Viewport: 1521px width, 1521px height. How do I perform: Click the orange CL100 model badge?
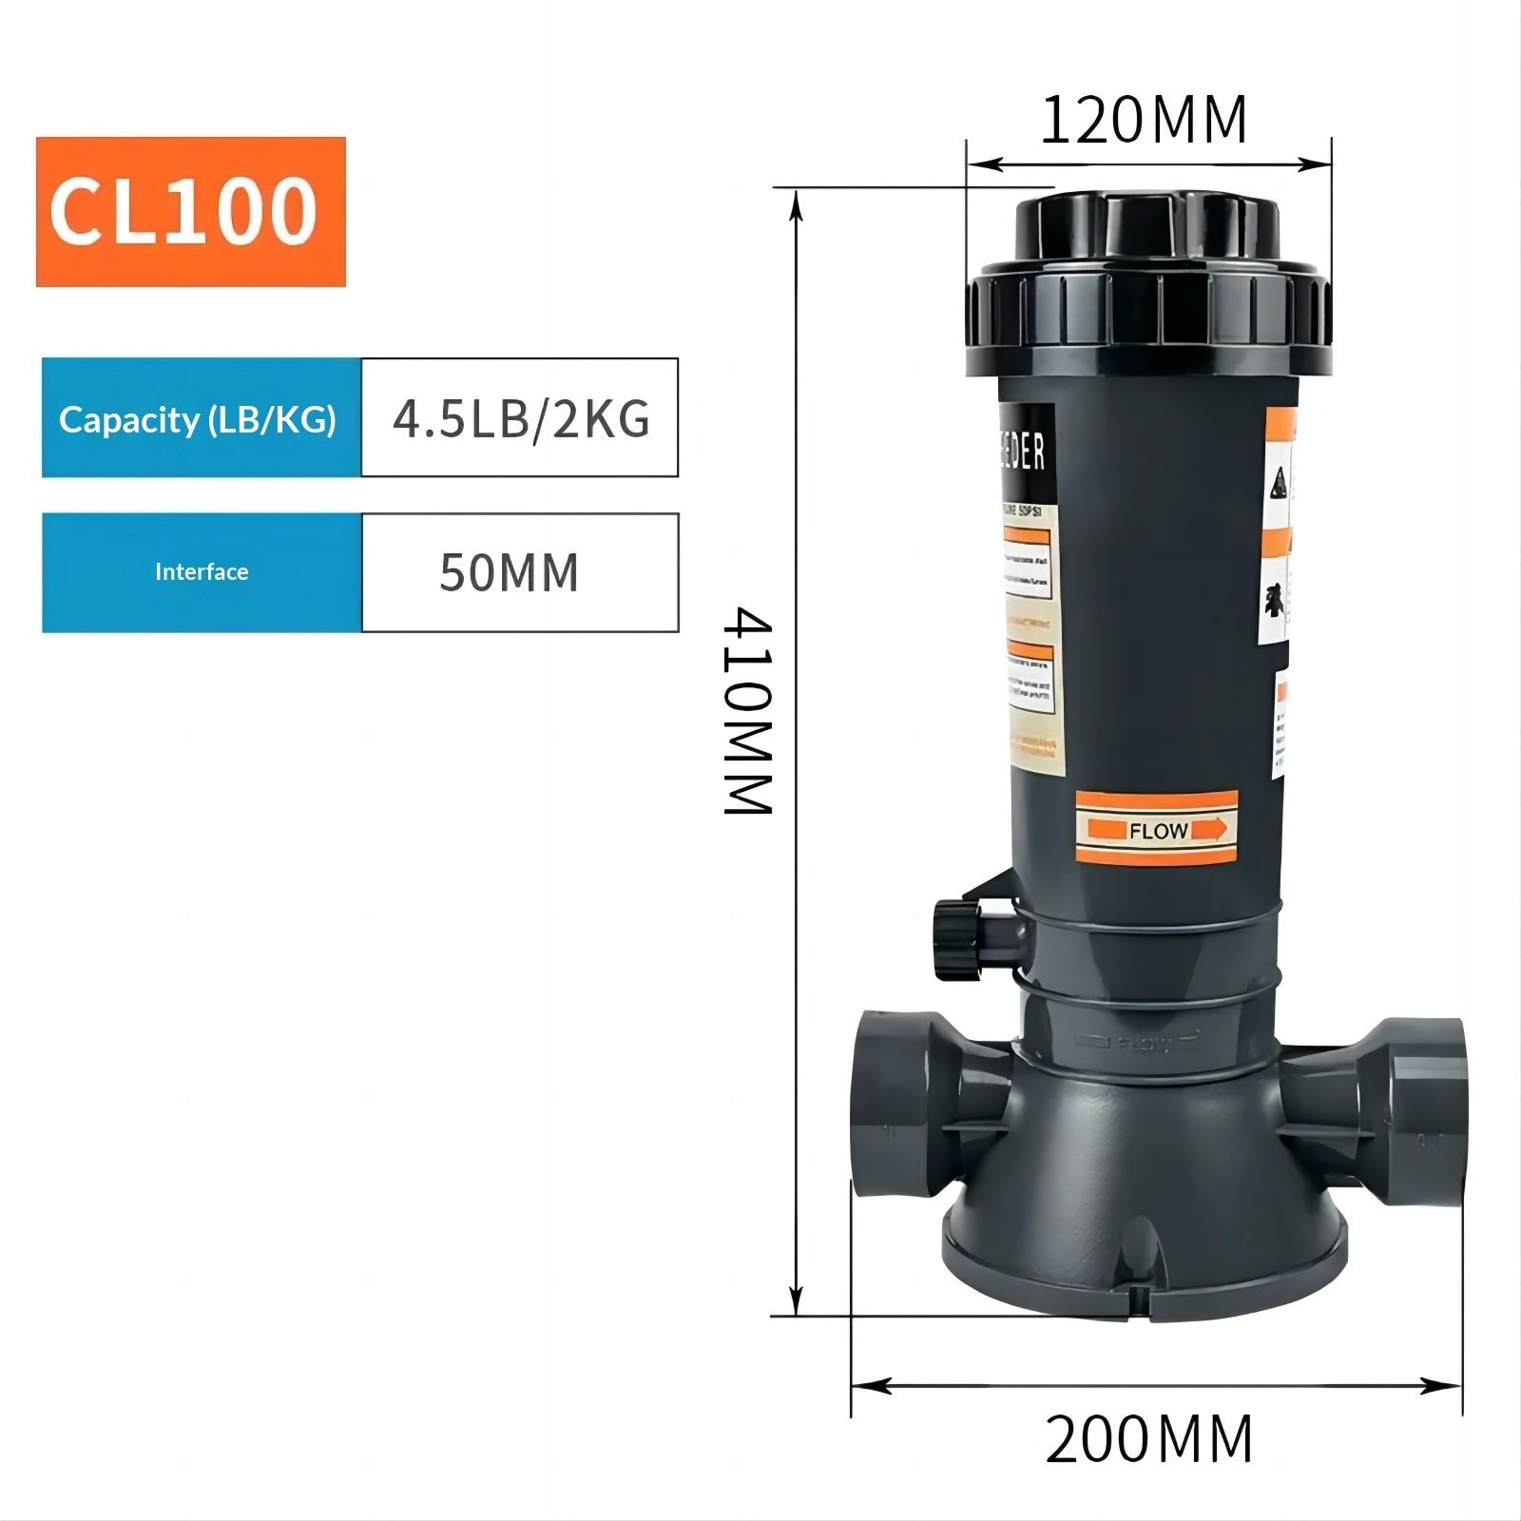190,211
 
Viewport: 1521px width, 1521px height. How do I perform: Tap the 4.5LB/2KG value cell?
520,418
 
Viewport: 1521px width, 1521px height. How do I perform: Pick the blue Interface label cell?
201,572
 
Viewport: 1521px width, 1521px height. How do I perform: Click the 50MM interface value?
510,572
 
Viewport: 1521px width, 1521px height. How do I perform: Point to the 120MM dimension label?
1144,122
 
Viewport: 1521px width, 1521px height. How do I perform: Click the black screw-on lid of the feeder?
1147,285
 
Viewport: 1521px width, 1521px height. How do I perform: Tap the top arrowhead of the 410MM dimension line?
797,204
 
